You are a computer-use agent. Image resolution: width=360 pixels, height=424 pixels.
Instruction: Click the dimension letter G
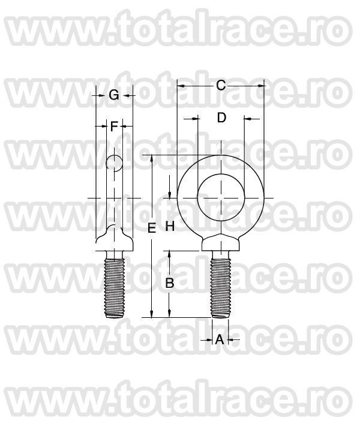point(114,95)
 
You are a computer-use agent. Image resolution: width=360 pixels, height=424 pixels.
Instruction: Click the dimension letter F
point(114,126)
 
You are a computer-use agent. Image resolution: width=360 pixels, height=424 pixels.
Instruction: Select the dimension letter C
point(221,86)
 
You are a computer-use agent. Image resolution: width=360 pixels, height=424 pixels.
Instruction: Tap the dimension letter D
point(221,118)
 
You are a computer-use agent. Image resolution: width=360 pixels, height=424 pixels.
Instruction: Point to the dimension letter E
point(152,228)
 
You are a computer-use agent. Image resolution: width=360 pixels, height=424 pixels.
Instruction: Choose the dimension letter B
point(170,283)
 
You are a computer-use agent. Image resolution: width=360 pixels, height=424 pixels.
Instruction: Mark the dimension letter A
point(220,340)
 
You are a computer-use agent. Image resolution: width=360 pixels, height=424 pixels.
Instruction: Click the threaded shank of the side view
point(114,285)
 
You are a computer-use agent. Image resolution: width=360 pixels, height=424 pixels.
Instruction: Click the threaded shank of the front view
point(221,285)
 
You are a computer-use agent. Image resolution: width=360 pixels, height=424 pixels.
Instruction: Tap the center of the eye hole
point(221,197)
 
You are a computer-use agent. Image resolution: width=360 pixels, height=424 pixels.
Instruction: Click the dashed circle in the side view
point(114,163)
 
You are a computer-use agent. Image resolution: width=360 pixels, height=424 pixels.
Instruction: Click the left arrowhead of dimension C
point(180,86)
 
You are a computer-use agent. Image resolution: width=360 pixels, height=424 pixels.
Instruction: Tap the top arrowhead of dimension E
point(152,159)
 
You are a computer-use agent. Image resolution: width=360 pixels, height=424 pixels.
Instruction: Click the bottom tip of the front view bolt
point(221,317)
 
